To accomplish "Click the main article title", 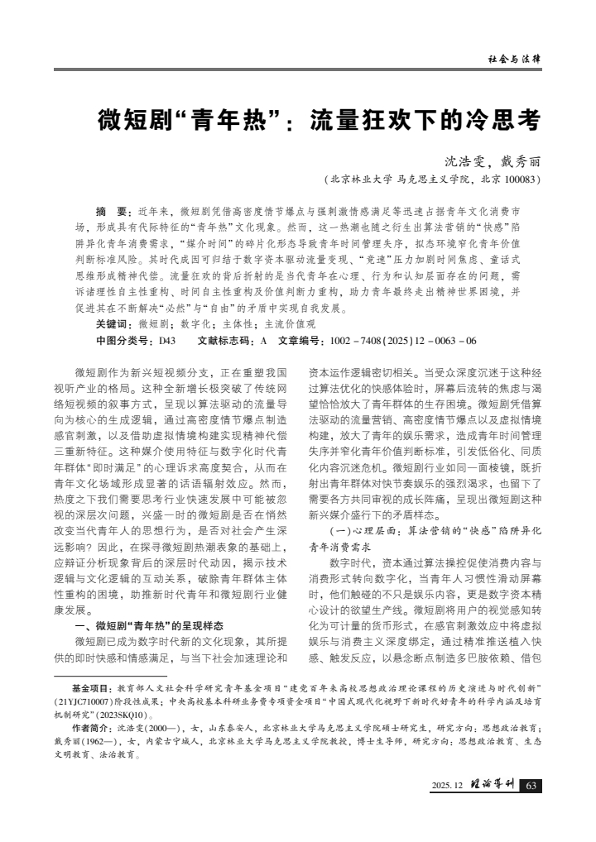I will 319,122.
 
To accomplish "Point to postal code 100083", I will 521,179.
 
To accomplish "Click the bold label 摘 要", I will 115,211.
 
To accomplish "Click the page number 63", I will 531,785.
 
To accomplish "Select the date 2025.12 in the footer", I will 448,785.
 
